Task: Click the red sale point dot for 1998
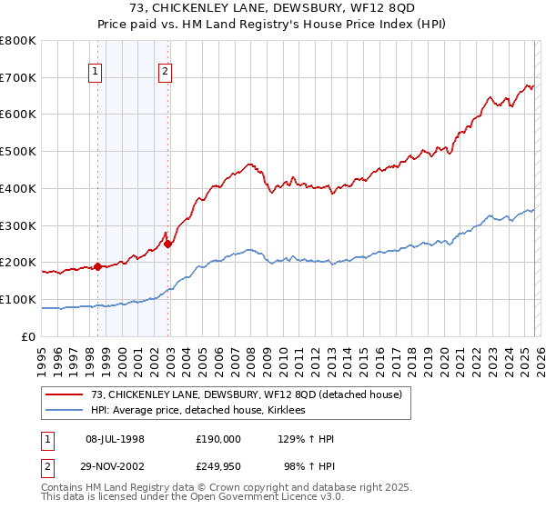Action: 97,266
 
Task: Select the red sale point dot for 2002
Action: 168,244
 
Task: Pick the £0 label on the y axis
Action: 29,336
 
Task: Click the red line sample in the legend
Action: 66,394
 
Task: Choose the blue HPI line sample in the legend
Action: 66,411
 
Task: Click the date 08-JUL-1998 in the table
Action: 115,439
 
